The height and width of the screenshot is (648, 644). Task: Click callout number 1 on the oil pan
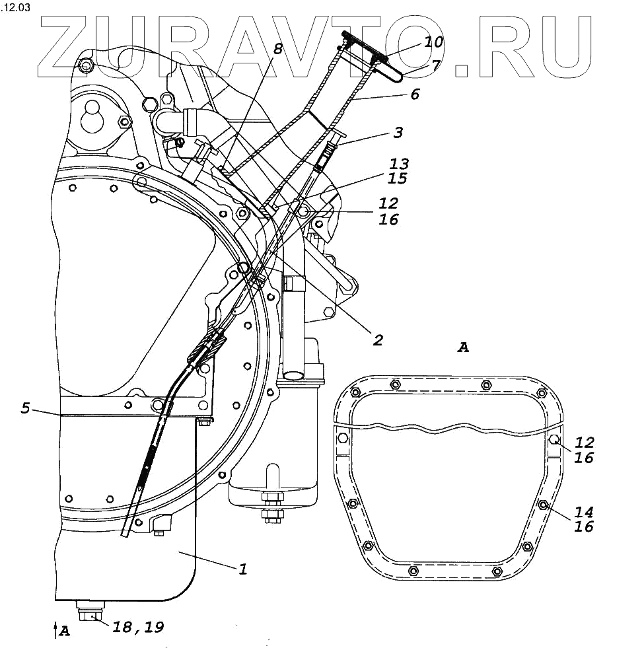point(242,568)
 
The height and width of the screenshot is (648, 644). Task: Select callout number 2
point(378,340)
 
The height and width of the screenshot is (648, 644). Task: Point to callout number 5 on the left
point(25,408)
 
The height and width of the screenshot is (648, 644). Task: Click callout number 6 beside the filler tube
point(415,94)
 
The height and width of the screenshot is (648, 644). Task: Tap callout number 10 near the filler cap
point(433,42)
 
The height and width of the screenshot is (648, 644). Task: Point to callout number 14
point(585,511)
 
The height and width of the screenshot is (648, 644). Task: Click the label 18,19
point(138,626)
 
